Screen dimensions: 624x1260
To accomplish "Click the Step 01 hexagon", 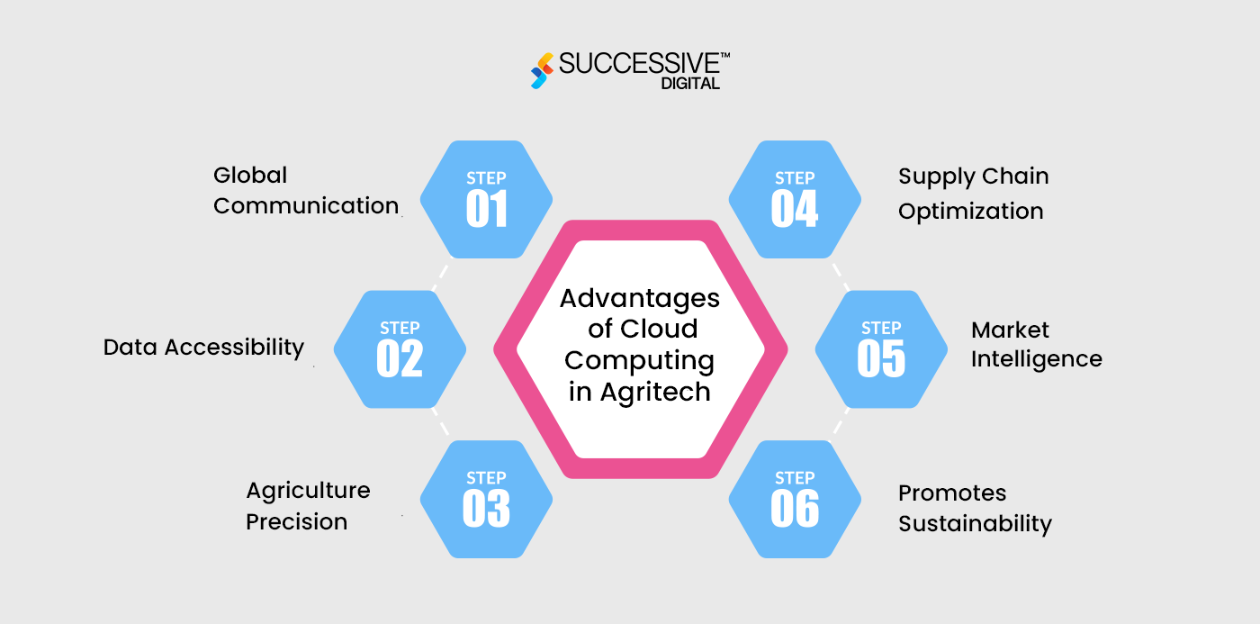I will point(486,199).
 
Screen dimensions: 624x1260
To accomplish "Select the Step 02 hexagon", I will point(400,348).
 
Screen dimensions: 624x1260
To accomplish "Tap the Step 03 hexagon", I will point(486,499).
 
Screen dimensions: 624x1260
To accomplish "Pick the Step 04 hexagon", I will point(794,199).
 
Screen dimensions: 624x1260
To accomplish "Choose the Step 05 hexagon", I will point(881,348).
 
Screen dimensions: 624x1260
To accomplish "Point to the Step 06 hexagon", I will point(794,499).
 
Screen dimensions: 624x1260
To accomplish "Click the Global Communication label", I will point(305,190).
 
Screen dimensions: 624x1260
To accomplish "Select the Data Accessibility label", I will point(203,347).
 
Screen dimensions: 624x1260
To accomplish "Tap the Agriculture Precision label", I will point(308,506).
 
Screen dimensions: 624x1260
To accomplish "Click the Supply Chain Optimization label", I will point(973,194).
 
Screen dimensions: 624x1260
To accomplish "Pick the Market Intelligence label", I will point(1036,344).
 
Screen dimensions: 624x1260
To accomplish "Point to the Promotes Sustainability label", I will point(975,508).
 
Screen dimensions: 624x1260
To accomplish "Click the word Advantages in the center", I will point(640,298).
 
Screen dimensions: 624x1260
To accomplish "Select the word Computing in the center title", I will point(639,360).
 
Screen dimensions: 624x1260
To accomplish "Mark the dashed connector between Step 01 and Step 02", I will point(440,276).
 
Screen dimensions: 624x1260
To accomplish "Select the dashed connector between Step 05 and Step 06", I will point(841,423).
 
